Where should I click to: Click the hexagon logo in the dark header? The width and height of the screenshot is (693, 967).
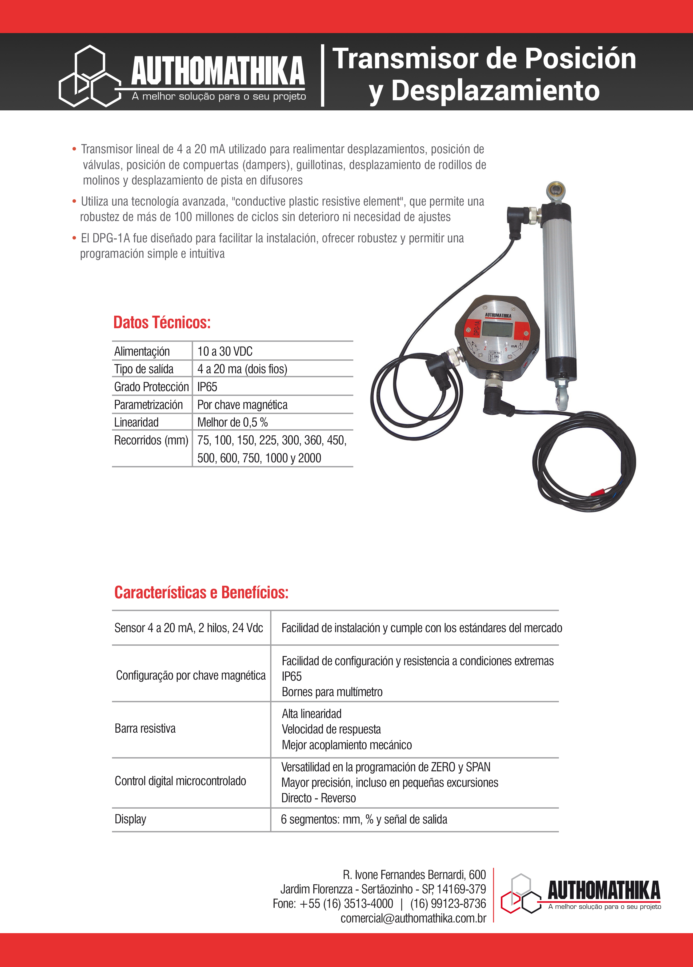[90, 76]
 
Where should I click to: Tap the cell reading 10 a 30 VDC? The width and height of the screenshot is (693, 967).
[225, 351]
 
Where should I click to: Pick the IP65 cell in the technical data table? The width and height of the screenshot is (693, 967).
[207, 387]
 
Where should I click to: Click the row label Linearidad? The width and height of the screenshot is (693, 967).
[137, 422]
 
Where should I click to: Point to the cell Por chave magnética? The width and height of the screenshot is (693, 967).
[242, 405]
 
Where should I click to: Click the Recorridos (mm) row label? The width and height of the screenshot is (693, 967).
[151, 440]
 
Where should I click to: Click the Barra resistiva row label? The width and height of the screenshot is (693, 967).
[145, 728]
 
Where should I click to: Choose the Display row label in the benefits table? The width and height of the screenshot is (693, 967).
[130, 819]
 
